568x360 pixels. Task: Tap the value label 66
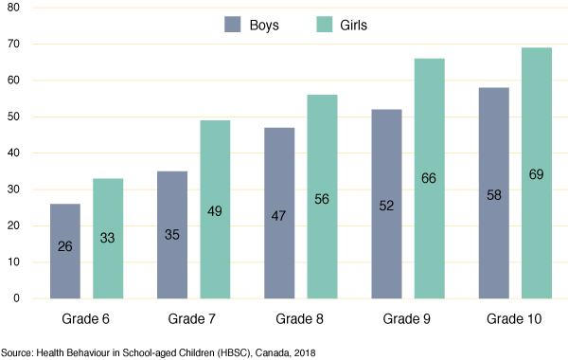coord(429,205)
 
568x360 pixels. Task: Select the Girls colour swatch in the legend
coord(322,25)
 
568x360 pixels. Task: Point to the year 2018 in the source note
coord(299,352)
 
